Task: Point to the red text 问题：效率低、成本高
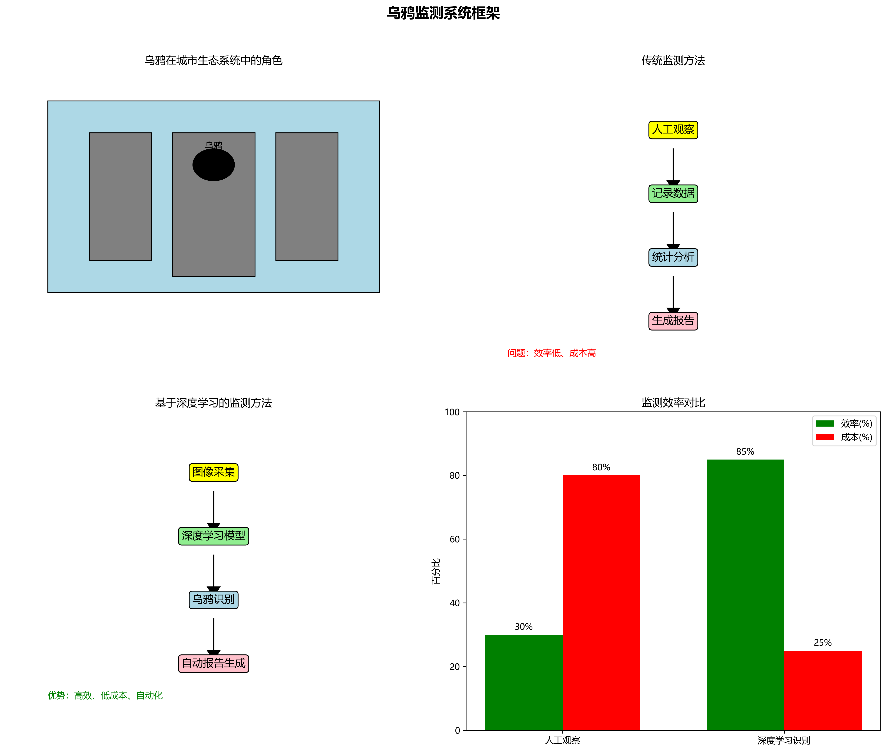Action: pos(551,353)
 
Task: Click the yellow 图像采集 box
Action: pos(213,472)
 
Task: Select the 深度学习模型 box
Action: pos(213,536)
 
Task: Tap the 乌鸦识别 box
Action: pos(213,599)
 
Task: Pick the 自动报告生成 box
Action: pos(213,663)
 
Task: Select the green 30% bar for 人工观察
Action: pos(523,682)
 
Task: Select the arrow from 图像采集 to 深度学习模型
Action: pos(213,508)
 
